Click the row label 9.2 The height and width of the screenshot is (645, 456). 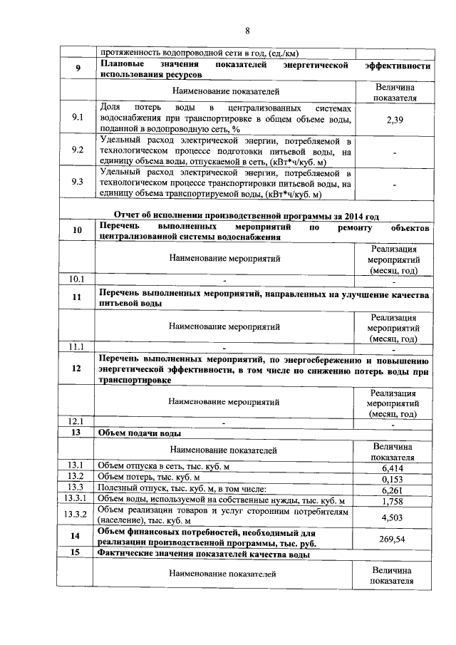[x=78, y=150]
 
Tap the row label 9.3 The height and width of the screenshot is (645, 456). [x=78, y=182]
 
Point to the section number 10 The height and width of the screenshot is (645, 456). [x=78, y=229]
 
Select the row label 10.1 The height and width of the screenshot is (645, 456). [x=76, y=278]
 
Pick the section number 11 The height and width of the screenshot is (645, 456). [x=78, y=297]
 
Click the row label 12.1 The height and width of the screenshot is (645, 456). [x=76, y=420]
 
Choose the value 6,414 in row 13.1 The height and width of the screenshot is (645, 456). [x=393, y=467]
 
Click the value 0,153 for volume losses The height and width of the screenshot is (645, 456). [x=393, y=478]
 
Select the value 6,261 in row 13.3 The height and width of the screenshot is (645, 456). [x=393, y=490]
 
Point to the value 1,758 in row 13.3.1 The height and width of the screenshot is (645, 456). [x=393, y=501]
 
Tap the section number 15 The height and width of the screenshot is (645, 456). [x=76, y=554]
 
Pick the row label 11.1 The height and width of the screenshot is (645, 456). [x=76, y=347]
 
